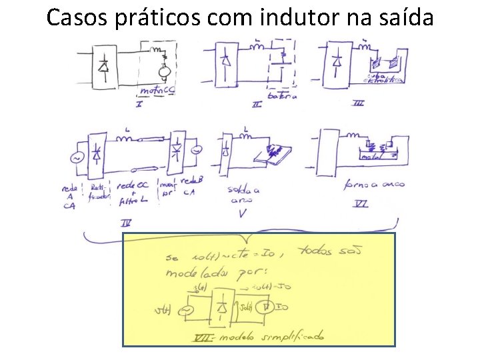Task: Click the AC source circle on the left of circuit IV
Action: (x=74, y=159)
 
